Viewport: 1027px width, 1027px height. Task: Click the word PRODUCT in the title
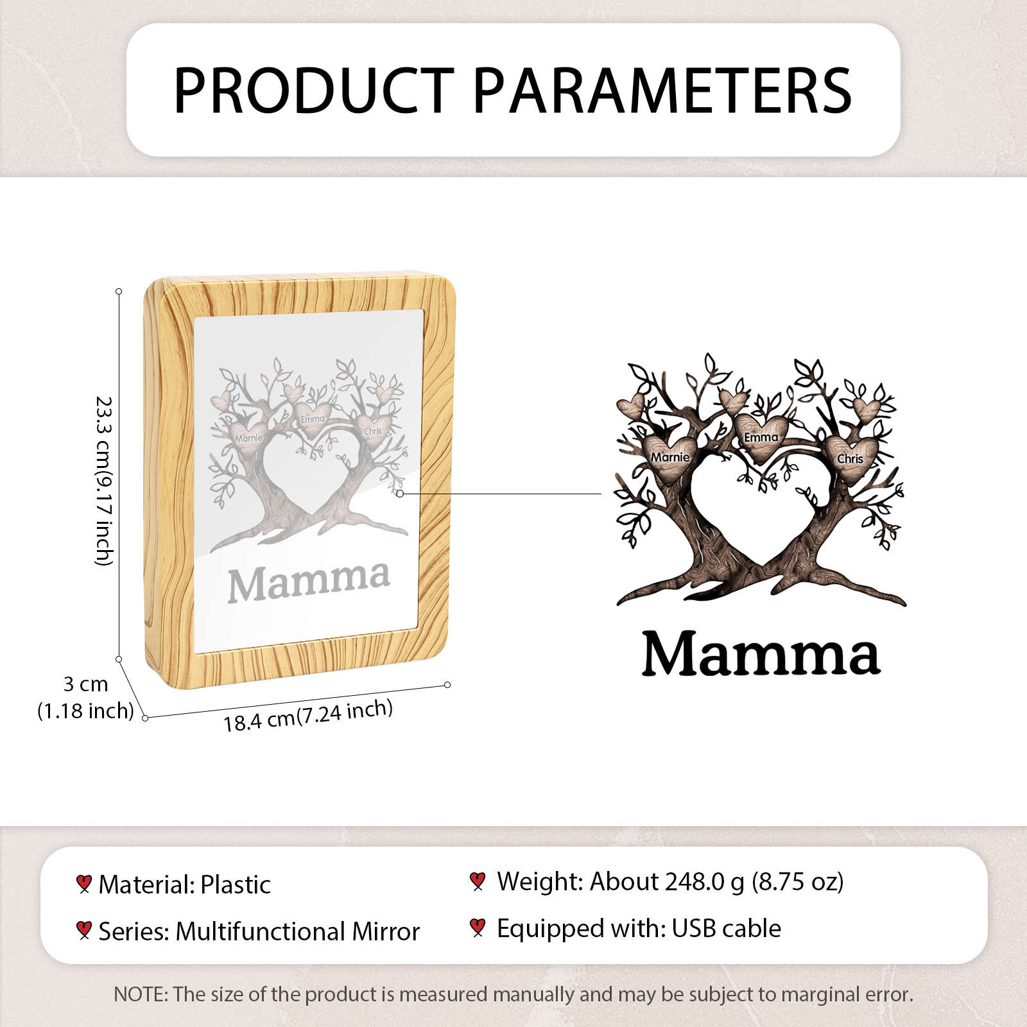pyautogui.click(x=314, y=91)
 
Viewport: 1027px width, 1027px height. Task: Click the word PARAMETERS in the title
pyautogui.click(x=662, y=91)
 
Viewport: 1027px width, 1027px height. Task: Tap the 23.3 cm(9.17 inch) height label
pyautogui.click(x=104, y=481)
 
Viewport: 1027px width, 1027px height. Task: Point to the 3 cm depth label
pyautogui.click(x=85, y=684)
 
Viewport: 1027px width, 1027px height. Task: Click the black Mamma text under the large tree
pyautogui.click(x=761, y=653)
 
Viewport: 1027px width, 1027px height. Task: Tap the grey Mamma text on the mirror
pyautogui.click(x=309, y=582)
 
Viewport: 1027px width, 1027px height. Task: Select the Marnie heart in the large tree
pyautogui.click(x=670, y=457)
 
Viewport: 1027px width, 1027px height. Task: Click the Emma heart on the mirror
pyautogui.click(x=313, y=420)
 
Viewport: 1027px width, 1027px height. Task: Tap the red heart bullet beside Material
pyautogui.click(x=83, y=884)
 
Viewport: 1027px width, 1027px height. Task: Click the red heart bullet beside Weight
pyautogui.click(x=477, y=881)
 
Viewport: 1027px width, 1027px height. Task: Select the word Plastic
pyautogui.click(x=236, y=885)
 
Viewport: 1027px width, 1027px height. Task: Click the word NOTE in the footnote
pyautogui.click(x=139, y=994)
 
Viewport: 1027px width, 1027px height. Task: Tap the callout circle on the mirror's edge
pyautogui.click(x=400, y=494)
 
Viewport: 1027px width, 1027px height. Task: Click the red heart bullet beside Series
pyautogui.click(x=83, y=930)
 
